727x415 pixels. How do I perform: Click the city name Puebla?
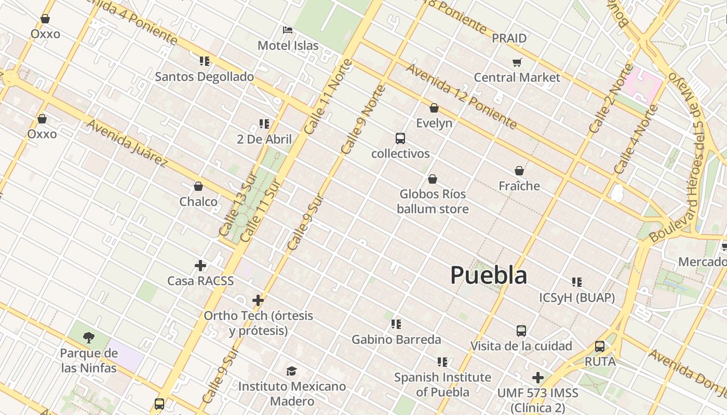[x=488, y=275]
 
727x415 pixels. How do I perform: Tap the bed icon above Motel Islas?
[x=288, y=30]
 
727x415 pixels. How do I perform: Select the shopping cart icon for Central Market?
[x=517, y=63]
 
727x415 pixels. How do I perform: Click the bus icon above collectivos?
[x=400, y=139]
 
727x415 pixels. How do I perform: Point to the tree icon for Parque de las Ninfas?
[x=89, y=338]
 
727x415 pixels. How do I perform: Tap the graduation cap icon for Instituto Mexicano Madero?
[x=291, y=371]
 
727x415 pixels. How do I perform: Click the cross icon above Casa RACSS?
[x=200, y=266]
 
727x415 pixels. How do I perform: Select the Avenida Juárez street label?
[x=127, y=143]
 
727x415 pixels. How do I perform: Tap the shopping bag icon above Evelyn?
[x=434, y=108]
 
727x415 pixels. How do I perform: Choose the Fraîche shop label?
[x=519, y=186]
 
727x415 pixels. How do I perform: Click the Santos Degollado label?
[x=204, y=77]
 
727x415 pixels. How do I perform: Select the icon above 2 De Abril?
[x=264, y=124]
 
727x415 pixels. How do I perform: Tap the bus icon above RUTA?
[x=600, y=346]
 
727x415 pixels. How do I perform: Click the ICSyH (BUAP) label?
[x=576, y=298]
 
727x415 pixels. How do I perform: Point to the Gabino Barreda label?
[x=396, y=340]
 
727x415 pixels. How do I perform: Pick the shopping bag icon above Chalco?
[x=198, y=186]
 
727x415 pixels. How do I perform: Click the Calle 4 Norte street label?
[x=636, y=140]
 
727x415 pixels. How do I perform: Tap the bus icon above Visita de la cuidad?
[x=521, y=330]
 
